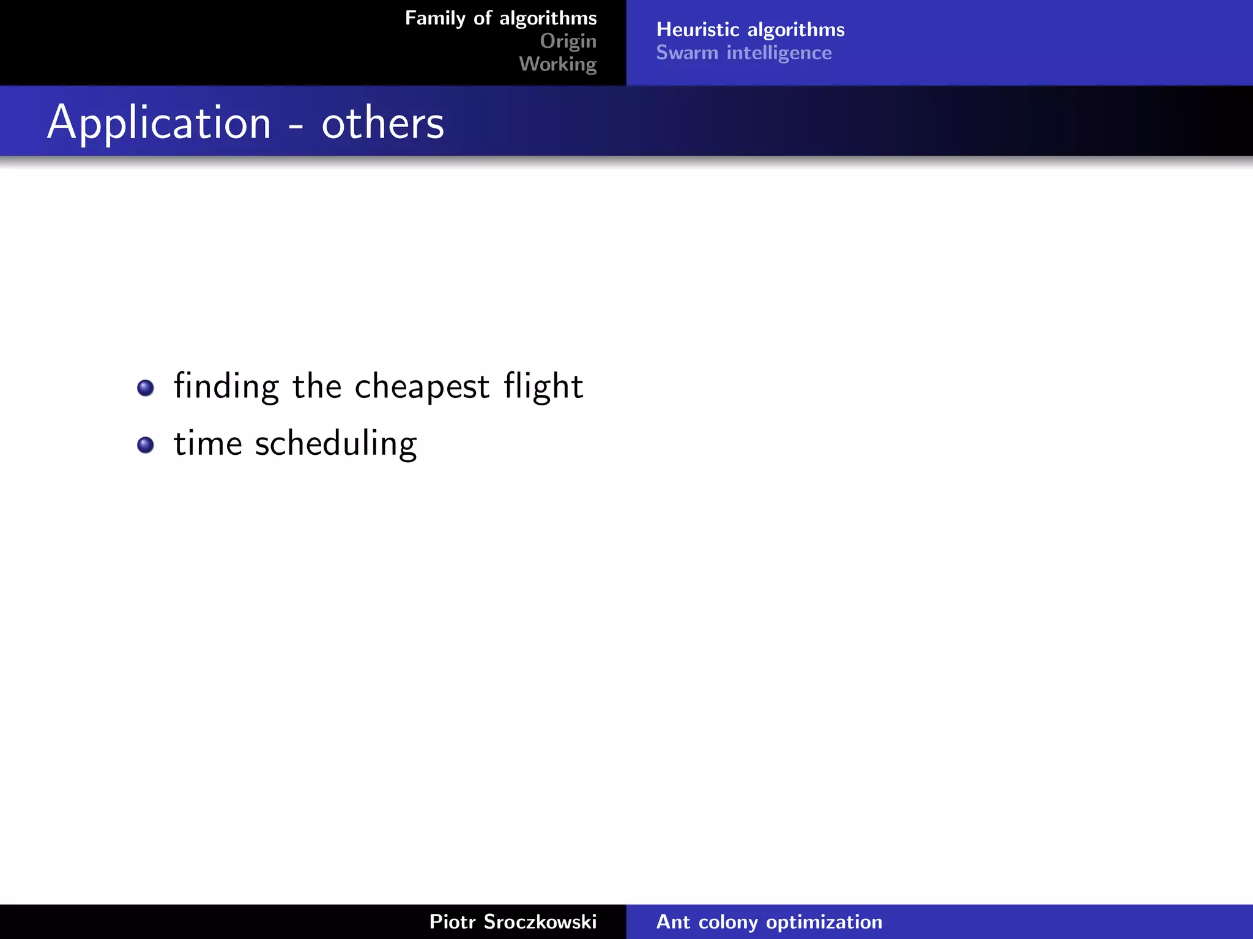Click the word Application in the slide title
159,123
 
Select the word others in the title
382,123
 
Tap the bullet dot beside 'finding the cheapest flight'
146,388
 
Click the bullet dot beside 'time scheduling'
146,444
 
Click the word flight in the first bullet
543,386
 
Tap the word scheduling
336,444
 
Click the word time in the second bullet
208,444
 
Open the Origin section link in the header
568,41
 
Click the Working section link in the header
557,64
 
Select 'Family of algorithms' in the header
500,18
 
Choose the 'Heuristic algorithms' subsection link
750,29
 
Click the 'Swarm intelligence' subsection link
743,53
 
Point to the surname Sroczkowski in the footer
540,921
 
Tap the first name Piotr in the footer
452,921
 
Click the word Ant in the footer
673,921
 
